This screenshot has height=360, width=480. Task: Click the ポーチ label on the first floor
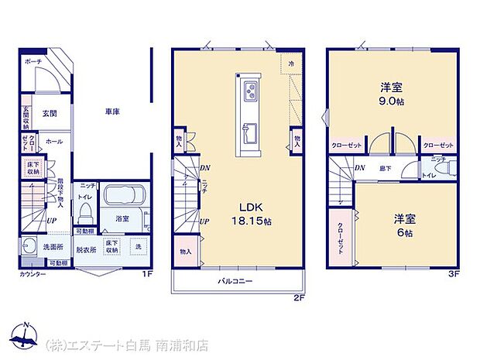click(x=33, y=60)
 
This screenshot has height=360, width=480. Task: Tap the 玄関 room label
click(x=49, y=111)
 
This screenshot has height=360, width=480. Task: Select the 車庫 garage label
click(x=112, y=111)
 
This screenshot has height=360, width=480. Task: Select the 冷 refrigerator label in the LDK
click(x=292, y=62)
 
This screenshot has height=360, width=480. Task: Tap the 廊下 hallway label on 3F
click(x=383, y=167)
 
